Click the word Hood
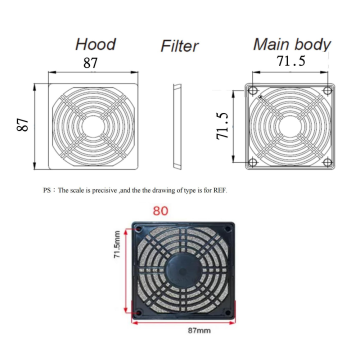point(96,44)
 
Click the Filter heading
point(180,46)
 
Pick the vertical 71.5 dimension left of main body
point(224,126)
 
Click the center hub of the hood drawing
point(94,127)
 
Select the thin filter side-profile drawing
point(178,127)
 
